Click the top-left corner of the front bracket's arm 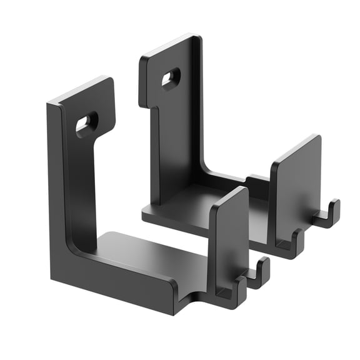coord(49,103)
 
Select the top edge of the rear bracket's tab coord(169,47)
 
